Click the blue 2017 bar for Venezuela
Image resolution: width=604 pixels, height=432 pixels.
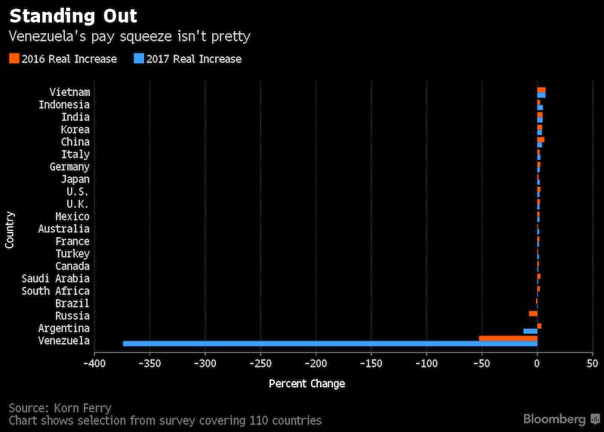click(330, 344)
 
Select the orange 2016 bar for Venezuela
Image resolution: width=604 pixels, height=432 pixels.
click(508, 338)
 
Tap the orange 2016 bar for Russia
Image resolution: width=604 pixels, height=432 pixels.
click(533, 313)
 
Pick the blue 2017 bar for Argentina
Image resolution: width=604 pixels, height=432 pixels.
click(530, 332)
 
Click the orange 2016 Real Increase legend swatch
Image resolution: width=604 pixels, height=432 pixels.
click(14, 59)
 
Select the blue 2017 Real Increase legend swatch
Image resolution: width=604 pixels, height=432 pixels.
click(138, 59)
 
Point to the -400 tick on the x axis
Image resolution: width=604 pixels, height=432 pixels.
click(94, 364)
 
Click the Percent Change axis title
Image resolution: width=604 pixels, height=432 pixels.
click(307, 384)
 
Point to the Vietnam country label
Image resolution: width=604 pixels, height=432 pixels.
click(69, 92)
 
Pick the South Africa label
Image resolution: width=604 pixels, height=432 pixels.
click(55, 291)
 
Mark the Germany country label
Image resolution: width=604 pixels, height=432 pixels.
click(69, 167)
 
